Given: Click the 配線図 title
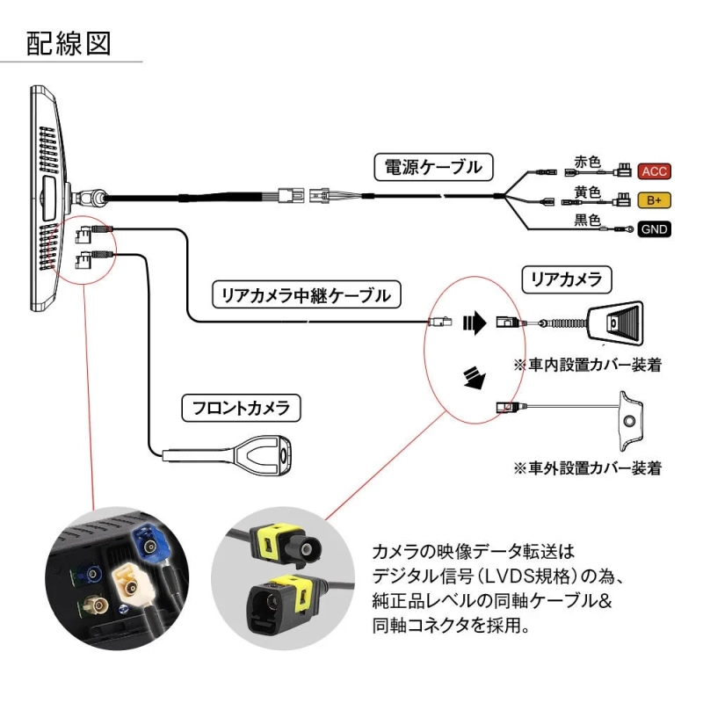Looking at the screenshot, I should (x=69, y=45).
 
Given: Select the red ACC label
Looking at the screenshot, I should (x=653, y=170).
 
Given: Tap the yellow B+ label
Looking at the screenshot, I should (x=653, y=200).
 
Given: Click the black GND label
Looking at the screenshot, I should (x=653, y=230).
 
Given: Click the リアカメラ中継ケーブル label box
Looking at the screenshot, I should (x=306, y=294).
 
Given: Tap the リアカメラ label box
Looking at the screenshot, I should (x=563, y=279).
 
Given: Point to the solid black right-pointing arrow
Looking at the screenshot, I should (x=475, y=323).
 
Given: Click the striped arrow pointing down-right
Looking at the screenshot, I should (x=475, y=378).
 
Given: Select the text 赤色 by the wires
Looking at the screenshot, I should (x=586, y=163).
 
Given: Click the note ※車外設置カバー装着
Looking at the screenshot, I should (x=587, y=467).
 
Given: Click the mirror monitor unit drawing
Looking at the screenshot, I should (x=49, y=198).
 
